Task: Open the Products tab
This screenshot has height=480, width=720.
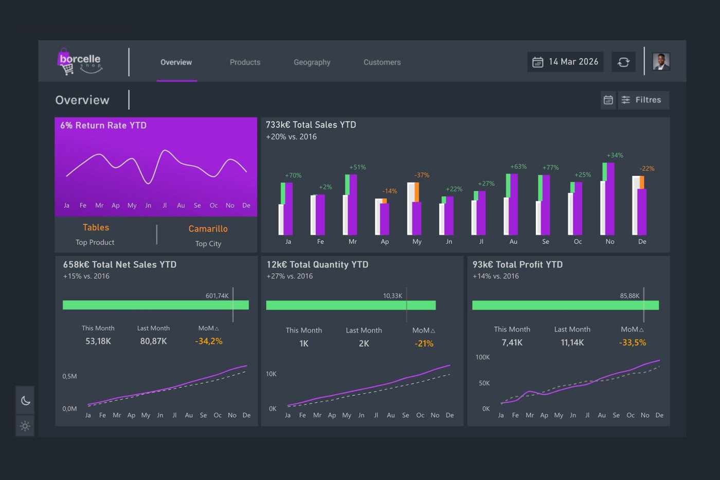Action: point(245,62)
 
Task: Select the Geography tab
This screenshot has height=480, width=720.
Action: point(312,62)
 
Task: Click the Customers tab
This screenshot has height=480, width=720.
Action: point(382,62)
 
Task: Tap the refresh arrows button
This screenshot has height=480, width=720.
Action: point(623,62)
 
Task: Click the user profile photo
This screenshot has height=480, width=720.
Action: point(661,61)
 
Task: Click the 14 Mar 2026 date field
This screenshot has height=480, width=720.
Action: point(565,62)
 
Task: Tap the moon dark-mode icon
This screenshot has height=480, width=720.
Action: point(25,400)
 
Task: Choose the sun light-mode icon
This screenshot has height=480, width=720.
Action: point(25,426)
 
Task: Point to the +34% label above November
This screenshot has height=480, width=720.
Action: point(615,155)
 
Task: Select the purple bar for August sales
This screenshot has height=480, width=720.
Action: point(513,204)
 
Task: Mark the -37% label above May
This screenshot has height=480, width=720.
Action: point(422,175)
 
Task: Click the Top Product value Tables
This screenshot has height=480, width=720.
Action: point(96,227)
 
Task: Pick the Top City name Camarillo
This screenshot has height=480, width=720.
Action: point(208,228)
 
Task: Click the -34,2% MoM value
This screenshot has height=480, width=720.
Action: point(209,341)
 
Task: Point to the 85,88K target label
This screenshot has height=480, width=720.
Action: point(629,296)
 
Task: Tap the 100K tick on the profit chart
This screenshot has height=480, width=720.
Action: point(482,357)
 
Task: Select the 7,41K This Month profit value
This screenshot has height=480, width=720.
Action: point(512,343)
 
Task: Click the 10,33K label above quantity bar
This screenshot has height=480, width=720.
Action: point(392,296)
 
